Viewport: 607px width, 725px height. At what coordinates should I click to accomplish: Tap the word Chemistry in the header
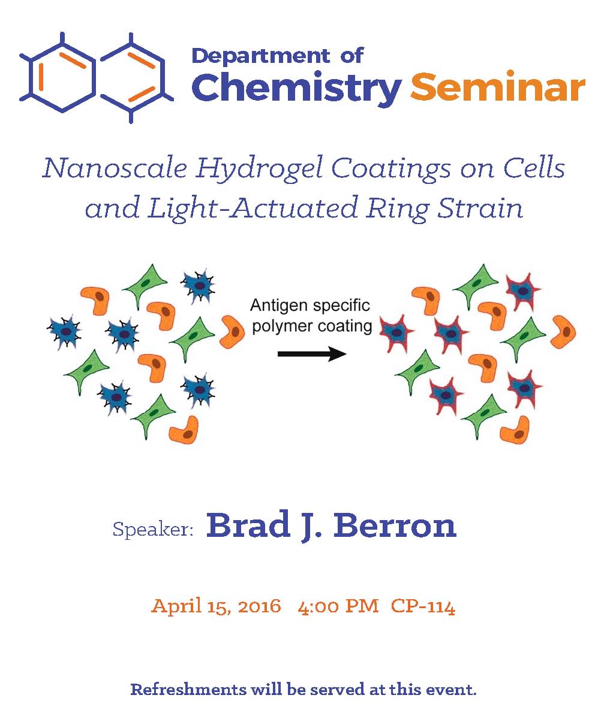(x=296, y=88)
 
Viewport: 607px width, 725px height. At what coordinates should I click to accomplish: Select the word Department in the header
(x=260, y=56)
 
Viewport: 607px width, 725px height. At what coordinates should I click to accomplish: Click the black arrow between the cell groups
(x=312, y=354)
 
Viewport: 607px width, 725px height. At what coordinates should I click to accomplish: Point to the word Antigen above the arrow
(x=280, y=306)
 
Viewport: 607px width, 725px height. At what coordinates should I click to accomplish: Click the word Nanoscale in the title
(x=115, y=168)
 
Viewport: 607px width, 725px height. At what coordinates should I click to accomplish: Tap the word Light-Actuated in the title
(x=253, y=209)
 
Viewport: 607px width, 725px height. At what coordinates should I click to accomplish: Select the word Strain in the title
(x=480, y=208)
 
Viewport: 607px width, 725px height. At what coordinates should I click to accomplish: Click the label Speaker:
(x=152, y=530)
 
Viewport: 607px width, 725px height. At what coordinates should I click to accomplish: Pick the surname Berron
(x=395, y=525)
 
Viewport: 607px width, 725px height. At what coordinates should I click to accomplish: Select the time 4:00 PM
(x=338, y=606)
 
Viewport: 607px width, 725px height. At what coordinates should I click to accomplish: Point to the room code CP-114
(x=423, y=606)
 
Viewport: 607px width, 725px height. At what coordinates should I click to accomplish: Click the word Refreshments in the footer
(x=188, y=689)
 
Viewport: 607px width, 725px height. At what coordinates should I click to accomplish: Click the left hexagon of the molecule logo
(x=62, y=76)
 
